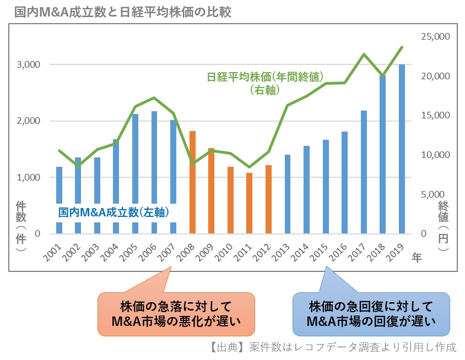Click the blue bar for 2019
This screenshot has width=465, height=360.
(402, 149)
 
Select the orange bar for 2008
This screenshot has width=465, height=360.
(193, 182)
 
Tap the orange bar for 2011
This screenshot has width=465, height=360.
(250, 203)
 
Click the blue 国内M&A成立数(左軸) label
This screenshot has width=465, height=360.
(113, 212)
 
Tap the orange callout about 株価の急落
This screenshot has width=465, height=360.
(177, 314)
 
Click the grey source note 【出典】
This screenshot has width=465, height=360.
(333, 347)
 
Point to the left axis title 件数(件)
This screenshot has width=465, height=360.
(20, 226)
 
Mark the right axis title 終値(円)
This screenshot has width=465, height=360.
(444, 226)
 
